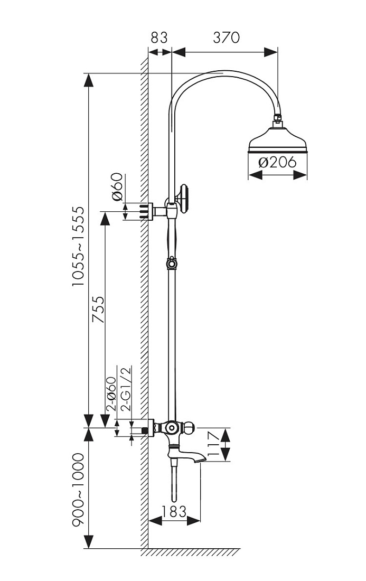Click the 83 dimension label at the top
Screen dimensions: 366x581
point(159,38)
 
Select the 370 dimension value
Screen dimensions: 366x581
point(226,38)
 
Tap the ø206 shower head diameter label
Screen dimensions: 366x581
point(277,162)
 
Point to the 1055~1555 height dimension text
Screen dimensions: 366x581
point(79,247)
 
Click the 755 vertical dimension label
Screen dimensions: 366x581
point(98,310)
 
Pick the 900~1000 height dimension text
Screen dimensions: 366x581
point(79,489)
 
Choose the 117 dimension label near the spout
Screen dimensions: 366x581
point(215,444)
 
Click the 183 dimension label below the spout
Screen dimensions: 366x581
point(174,512)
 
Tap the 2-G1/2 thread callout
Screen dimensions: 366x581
point(126,389)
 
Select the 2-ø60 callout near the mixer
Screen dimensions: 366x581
point(111,393)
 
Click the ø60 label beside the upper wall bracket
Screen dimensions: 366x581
point(117,187)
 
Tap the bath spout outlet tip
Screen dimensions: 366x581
point(200,460)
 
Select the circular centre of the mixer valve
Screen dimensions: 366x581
point(172,428)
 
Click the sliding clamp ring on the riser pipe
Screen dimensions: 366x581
point(171,264)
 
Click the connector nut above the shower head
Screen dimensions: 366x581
point(277,119)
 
